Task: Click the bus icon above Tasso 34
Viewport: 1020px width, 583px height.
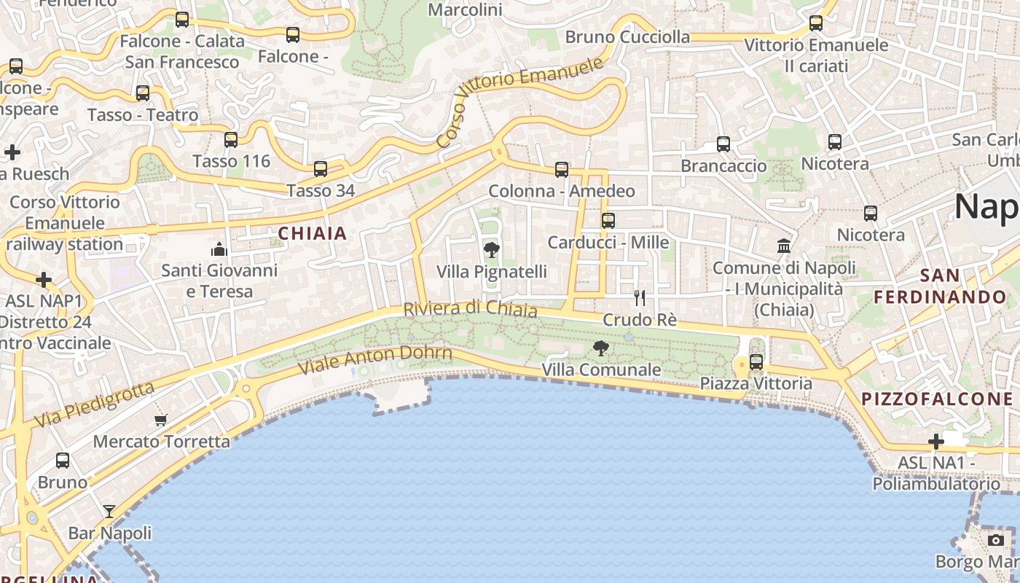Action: (x=321, y=169)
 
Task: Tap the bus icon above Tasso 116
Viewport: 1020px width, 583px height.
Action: (x=231, y=139)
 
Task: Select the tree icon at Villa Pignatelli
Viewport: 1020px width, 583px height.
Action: (x=492, y=250)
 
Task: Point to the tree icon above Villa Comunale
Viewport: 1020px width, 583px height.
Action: (x=601, y=348)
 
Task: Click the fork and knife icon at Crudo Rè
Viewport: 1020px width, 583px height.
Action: (x=640, y=297)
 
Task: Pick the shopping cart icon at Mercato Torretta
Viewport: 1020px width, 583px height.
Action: (x=161, y=420)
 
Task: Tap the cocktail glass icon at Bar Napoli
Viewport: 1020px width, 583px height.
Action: (x=109, y=511)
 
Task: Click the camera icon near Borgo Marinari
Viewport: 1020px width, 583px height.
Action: (x=996, y=540)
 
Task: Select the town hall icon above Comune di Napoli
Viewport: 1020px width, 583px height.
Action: (x=784, y=246)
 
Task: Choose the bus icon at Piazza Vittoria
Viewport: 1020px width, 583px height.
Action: (x=756, y=361)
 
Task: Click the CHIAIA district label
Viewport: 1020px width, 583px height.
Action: (x=313, y=234)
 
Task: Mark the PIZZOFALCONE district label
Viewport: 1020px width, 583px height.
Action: (x=937, y=399)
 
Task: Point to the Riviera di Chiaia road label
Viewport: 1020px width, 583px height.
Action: (x=470, y=309)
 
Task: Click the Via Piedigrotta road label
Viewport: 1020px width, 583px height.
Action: (x=95, y=404)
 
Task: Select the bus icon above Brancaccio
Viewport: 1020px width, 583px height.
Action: (x=723, y=144)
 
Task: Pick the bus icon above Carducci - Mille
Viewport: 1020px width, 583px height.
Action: (x=608, y=220)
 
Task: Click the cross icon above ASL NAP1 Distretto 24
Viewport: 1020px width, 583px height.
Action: (x=44, y=280)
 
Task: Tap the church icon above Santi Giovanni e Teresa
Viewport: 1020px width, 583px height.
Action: (x=219, y=250)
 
